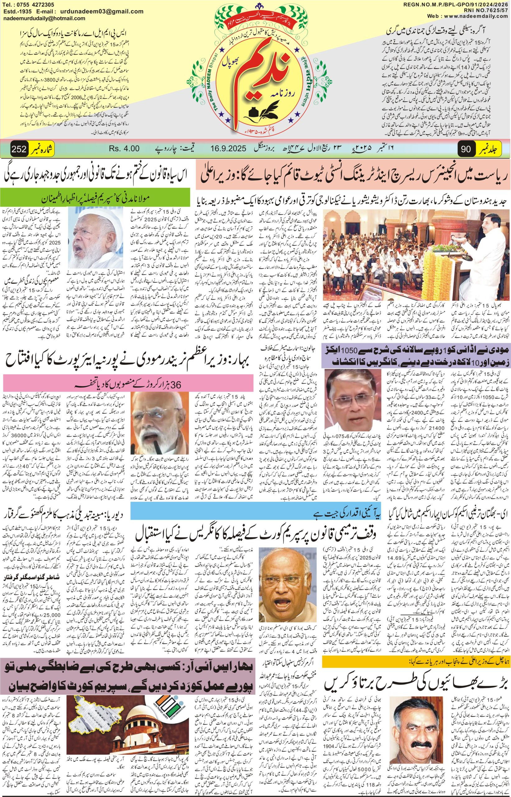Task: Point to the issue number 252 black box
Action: (x=19, y=149)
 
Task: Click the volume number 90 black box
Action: (x=466, y=149)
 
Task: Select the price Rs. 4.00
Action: (x=124, y=149)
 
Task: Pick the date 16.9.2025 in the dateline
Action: (x=228, y=149)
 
